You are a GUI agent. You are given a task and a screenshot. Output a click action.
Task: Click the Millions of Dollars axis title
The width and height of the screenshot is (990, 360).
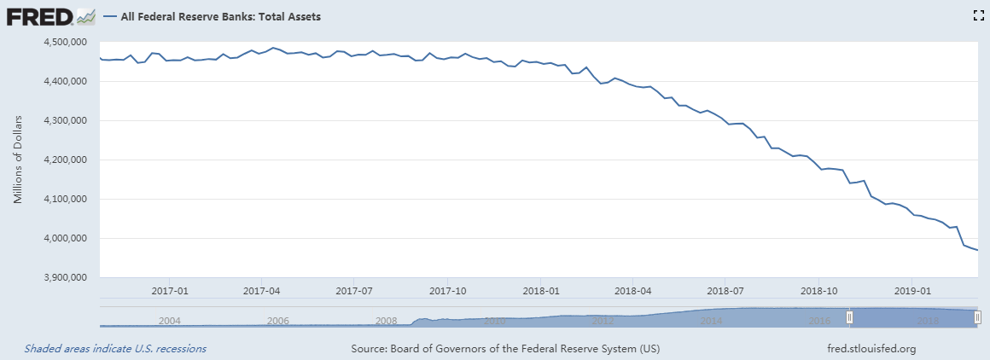(x=18, y=160)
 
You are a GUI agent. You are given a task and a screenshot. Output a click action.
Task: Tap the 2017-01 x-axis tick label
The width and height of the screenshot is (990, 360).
(x=171, y=290)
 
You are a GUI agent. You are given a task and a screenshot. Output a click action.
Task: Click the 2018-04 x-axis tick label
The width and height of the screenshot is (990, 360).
(x=632, y=290)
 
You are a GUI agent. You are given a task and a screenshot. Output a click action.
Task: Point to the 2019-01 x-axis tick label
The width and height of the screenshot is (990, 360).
(x=911, y=290)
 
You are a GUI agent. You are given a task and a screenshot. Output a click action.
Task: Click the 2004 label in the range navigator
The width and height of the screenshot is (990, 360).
(x=171, y=321)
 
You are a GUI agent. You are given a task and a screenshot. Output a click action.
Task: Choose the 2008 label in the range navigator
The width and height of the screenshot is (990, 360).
(x=387, y=321)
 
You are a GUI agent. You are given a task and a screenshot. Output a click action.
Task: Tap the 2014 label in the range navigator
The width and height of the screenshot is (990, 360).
(x=711, y=321)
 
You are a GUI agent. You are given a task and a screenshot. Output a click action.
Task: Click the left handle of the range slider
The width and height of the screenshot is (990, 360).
(x=849, y=317)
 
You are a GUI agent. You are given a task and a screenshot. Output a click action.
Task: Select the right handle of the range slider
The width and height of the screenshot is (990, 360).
(x=977, y=317)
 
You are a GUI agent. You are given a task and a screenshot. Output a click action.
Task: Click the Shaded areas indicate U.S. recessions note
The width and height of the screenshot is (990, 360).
(x=115, y=349)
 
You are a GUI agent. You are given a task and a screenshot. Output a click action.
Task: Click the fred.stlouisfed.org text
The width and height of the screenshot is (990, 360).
(x=871, y=349)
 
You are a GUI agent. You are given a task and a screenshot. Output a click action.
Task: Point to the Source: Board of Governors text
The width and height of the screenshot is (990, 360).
(x=505, y=349)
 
